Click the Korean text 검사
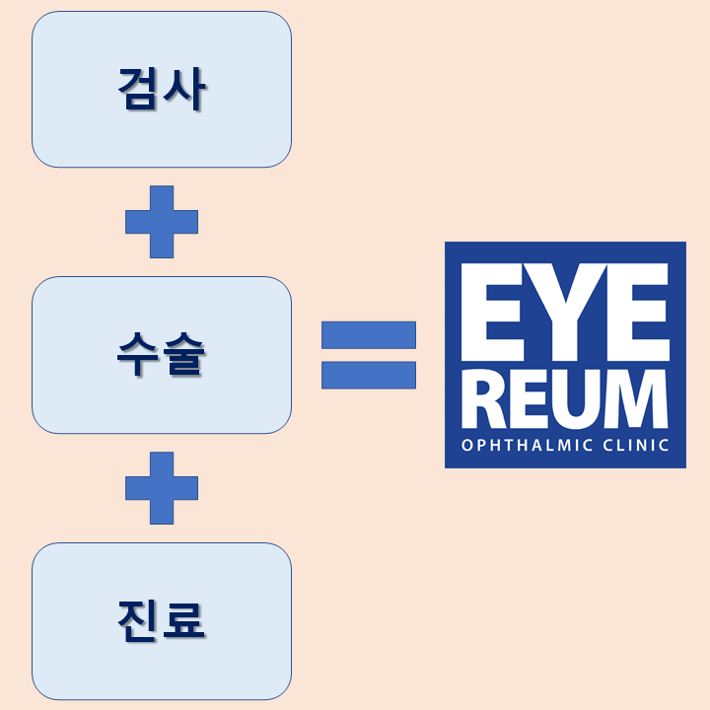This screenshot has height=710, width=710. click(162, 89)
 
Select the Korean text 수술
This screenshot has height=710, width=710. click(161, 354)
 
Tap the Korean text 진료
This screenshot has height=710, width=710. click(161, 621)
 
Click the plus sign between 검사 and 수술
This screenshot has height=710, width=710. click(162, 222)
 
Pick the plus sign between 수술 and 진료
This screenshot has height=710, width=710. click(162, 488)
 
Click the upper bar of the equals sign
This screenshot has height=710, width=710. click(369, 335)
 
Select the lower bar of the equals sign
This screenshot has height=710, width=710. click(369, 375)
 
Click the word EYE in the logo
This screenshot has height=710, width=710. click(565, 312)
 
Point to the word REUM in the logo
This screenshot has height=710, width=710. click(565, 399)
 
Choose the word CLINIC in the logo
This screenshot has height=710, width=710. click(636, 445)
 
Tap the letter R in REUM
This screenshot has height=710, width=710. click(483, 399)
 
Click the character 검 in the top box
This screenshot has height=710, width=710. click(137, 89)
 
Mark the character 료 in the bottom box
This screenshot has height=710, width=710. click(183, 621)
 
